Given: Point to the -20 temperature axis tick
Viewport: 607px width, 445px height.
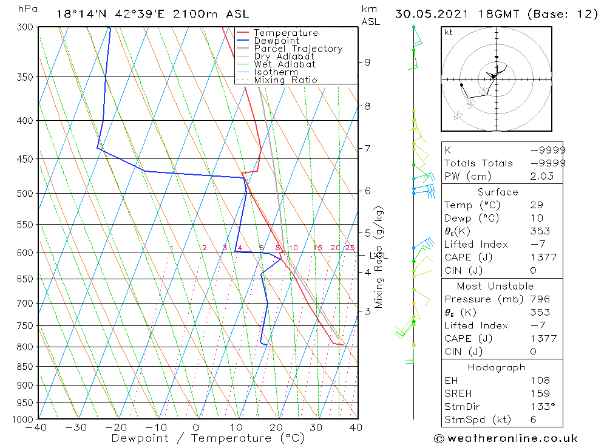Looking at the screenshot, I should (116, 427).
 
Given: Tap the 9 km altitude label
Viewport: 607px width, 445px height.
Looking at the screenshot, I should (367, 62).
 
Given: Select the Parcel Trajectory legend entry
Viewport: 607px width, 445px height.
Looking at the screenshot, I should (297, 49).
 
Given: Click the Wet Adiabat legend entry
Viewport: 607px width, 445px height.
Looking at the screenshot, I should (284, 64).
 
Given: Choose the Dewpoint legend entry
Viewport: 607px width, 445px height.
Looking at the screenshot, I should (276, 41).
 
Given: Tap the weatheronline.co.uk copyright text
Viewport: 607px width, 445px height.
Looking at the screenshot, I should (506, 438).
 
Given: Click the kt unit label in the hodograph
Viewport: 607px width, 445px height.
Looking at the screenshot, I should (449, 32).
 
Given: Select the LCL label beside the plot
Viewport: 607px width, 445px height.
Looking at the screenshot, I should (378, 256).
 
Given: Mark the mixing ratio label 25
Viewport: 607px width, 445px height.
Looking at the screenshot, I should (350, 248).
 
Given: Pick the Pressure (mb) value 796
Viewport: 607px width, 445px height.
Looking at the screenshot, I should (540, 299).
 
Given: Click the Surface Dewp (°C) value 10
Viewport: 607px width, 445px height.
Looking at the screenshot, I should (534, 219).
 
